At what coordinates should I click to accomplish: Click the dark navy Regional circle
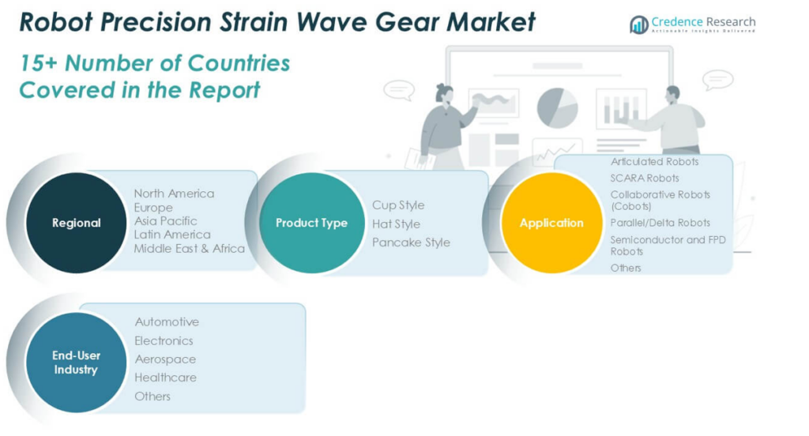[77, 223]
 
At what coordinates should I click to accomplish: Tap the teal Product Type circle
[311, 223]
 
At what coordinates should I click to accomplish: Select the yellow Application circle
[551, 223]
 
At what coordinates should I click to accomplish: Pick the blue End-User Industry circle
[77, 363]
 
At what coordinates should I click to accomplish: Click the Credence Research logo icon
[638, 24]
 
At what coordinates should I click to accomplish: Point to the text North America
[174, 194]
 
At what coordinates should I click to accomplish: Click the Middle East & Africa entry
[190, 249]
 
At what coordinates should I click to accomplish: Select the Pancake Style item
[411, 242]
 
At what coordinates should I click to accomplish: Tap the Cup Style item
[398, 205]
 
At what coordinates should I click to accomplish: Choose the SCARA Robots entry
[645, 178]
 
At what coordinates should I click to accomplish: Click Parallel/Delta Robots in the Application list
[660, 223]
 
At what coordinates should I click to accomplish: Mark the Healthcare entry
[166, 378]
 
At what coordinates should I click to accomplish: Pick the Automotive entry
[167, 322]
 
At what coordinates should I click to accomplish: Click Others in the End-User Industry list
[152, 397]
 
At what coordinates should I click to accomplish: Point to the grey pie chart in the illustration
[557, 108]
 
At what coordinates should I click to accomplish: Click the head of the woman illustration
[444, 93]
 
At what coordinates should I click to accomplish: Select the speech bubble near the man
[717, 80]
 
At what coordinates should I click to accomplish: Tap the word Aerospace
[165, 359]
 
